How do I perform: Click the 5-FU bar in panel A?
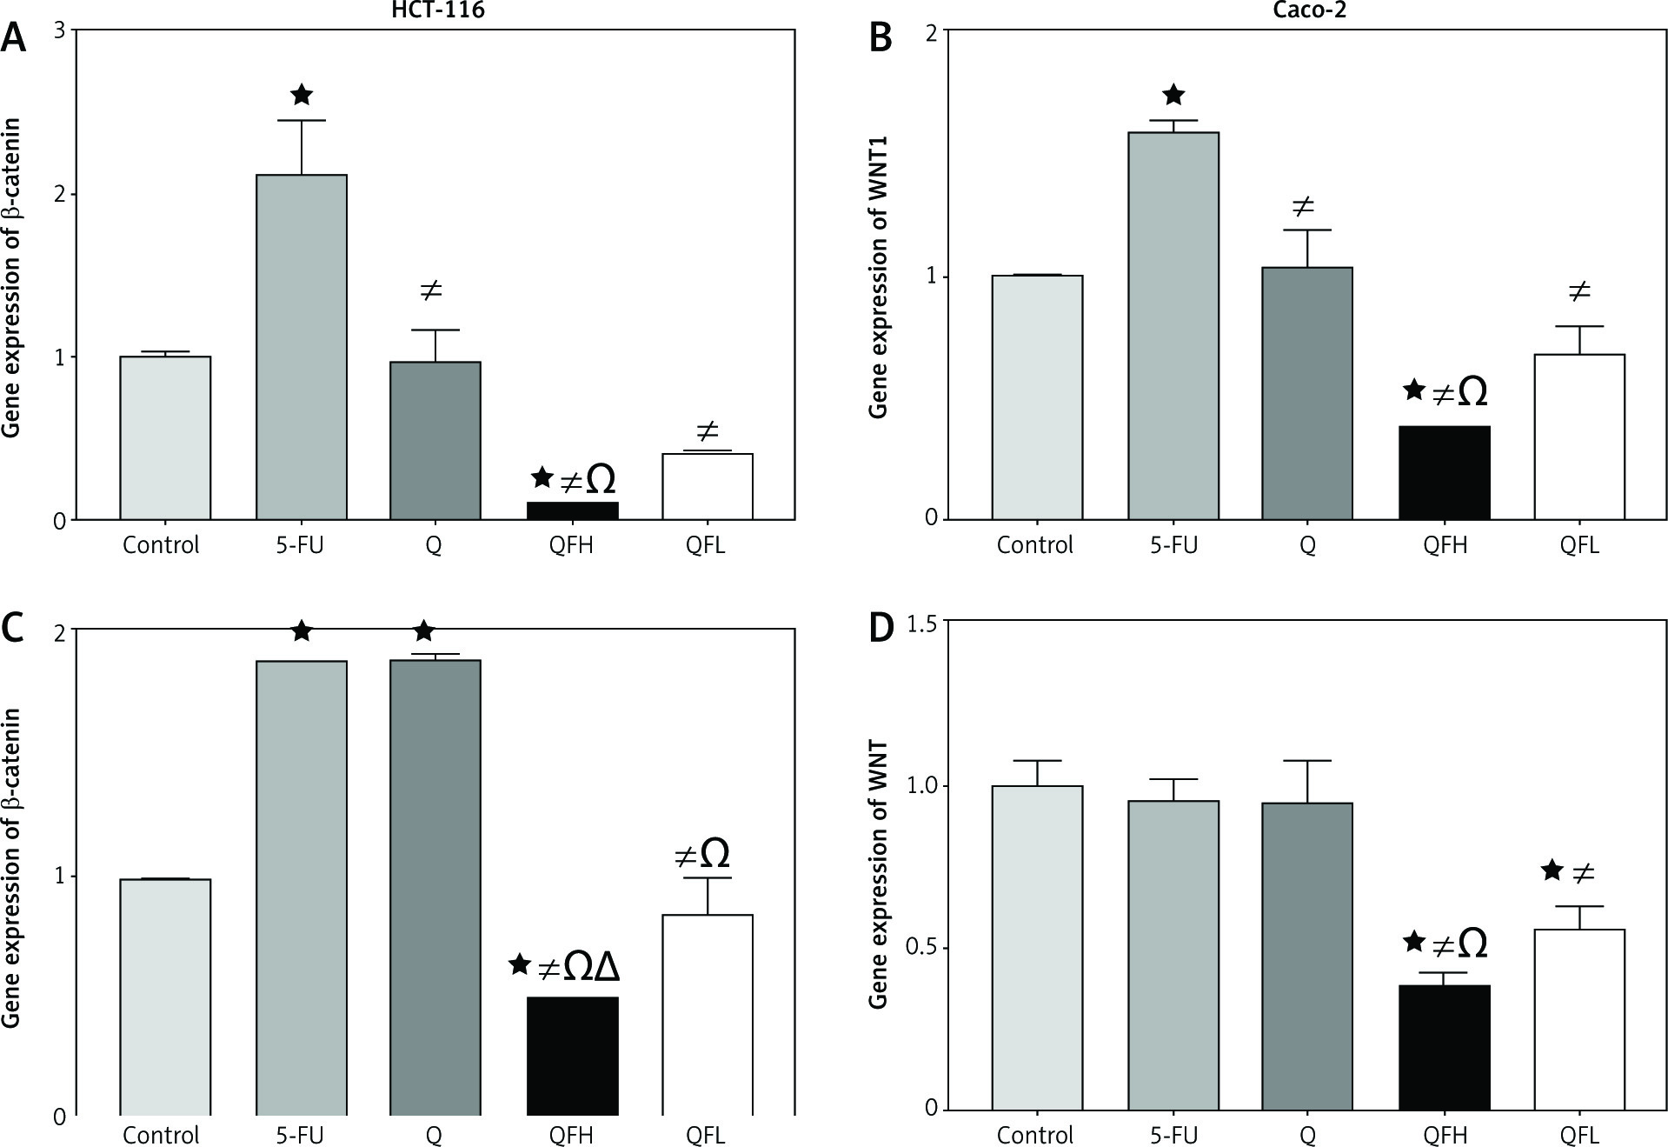[301, 348]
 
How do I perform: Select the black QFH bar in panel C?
[572, 1056]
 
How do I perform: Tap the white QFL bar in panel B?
[1579, 437]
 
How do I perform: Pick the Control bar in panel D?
[1036, 948]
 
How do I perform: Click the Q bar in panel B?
[1307, 393]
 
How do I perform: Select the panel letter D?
[881, 627]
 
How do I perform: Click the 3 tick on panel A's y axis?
[60, 30]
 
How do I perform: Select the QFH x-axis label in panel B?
[1445, 545]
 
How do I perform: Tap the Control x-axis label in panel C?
[161, 1135]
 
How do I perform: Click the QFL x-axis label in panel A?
[705, 545]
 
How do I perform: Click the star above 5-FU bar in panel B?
[1173, 95]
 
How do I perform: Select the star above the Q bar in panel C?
[424, 630]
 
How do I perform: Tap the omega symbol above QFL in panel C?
[714, 855]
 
